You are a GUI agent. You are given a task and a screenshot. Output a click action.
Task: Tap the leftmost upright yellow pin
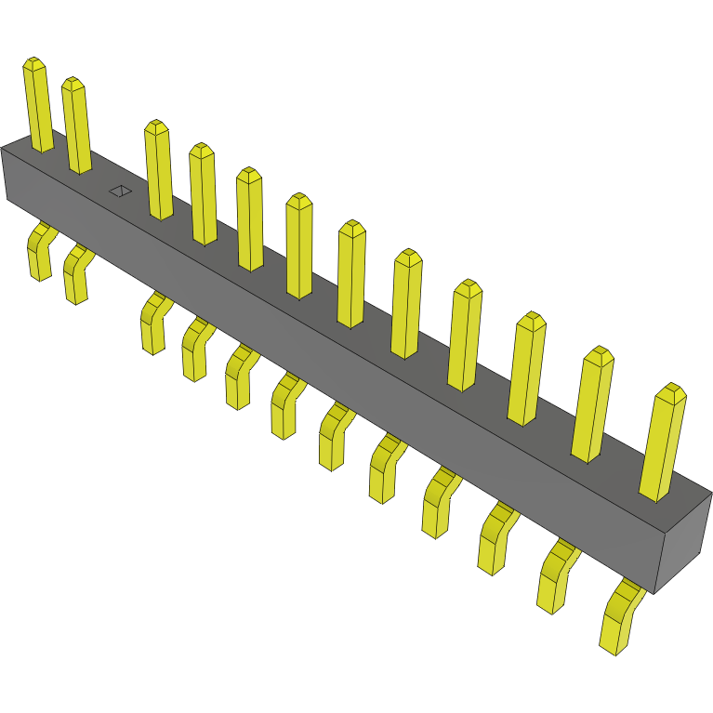pos(38,107)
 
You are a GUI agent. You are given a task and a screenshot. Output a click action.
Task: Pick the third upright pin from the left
pos(158,172)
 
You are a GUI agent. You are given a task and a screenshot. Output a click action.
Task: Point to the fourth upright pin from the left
pos(203,195)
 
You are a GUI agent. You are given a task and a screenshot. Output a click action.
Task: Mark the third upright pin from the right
pos(527,370)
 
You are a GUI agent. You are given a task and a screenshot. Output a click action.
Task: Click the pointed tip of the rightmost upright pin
pos(670,390)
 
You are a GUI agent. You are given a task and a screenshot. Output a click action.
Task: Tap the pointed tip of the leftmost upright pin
pos(33,63)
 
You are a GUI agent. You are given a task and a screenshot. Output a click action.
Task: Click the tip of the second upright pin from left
pos(73,83)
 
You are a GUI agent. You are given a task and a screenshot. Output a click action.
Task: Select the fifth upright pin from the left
pos(249,220)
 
